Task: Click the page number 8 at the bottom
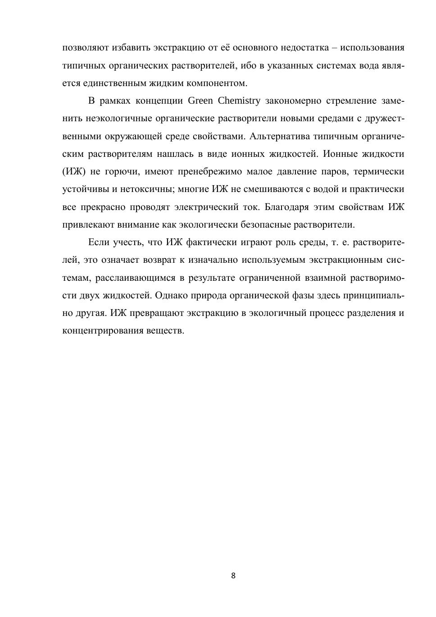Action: (x=233, y=576)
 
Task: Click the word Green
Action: (x=200, y=101)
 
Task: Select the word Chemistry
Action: (x=239, y=101)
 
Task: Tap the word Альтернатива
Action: (x=279, y=136)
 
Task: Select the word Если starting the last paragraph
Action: (x=99, y=242)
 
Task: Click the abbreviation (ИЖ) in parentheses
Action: (x=73, y=172)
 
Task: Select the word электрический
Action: (x=206, y=207)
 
